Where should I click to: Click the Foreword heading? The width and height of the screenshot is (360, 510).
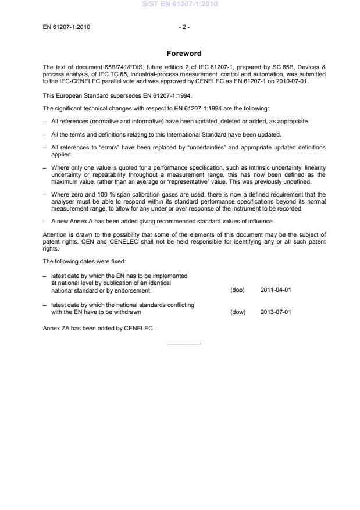(184, 54)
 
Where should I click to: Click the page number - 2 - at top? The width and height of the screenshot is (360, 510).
(184, 27)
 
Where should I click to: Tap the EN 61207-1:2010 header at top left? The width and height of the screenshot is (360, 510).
(66, 27)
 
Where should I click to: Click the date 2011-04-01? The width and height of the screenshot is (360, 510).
(276, 290)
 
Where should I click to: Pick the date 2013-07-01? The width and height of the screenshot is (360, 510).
(276, 312)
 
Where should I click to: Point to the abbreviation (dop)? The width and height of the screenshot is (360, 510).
(237, 290)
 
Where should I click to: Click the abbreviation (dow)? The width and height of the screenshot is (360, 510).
(238, 312)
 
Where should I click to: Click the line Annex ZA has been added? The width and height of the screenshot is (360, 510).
(98, 328)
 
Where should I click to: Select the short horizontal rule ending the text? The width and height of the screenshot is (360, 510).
(184, 344)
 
